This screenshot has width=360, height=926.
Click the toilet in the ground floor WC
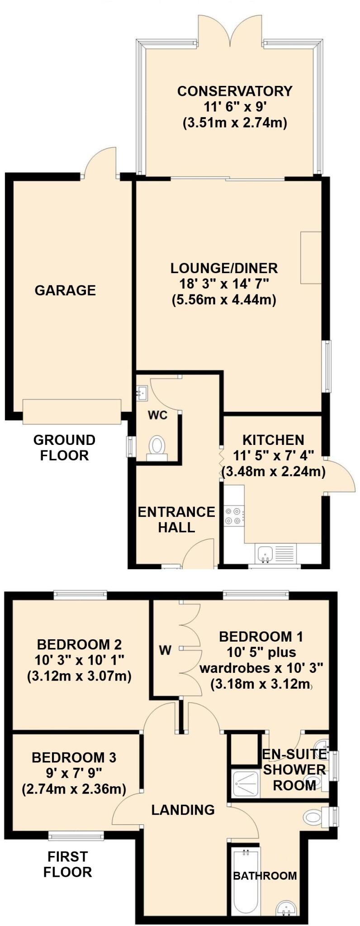click(x=157, y=445)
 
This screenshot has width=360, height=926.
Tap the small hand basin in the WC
click(x=142, y=393)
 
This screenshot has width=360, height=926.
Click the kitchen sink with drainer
click(x=275, y=553)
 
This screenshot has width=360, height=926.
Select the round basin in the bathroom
click(x=287, y=907)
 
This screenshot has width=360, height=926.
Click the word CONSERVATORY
click(x=235, y=91)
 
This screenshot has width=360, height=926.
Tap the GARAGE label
click(x=65, y=290)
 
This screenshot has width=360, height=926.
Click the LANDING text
click(x=183, y=809)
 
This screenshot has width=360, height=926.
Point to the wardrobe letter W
click(x=165, y=650)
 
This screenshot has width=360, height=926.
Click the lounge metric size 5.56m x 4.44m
click(x=224, y=299)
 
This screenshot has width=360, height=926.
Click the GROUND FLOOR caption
click(x=64, y=447)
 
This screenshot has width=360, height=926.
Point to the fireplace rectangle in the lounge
click(x=311, y=258)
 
